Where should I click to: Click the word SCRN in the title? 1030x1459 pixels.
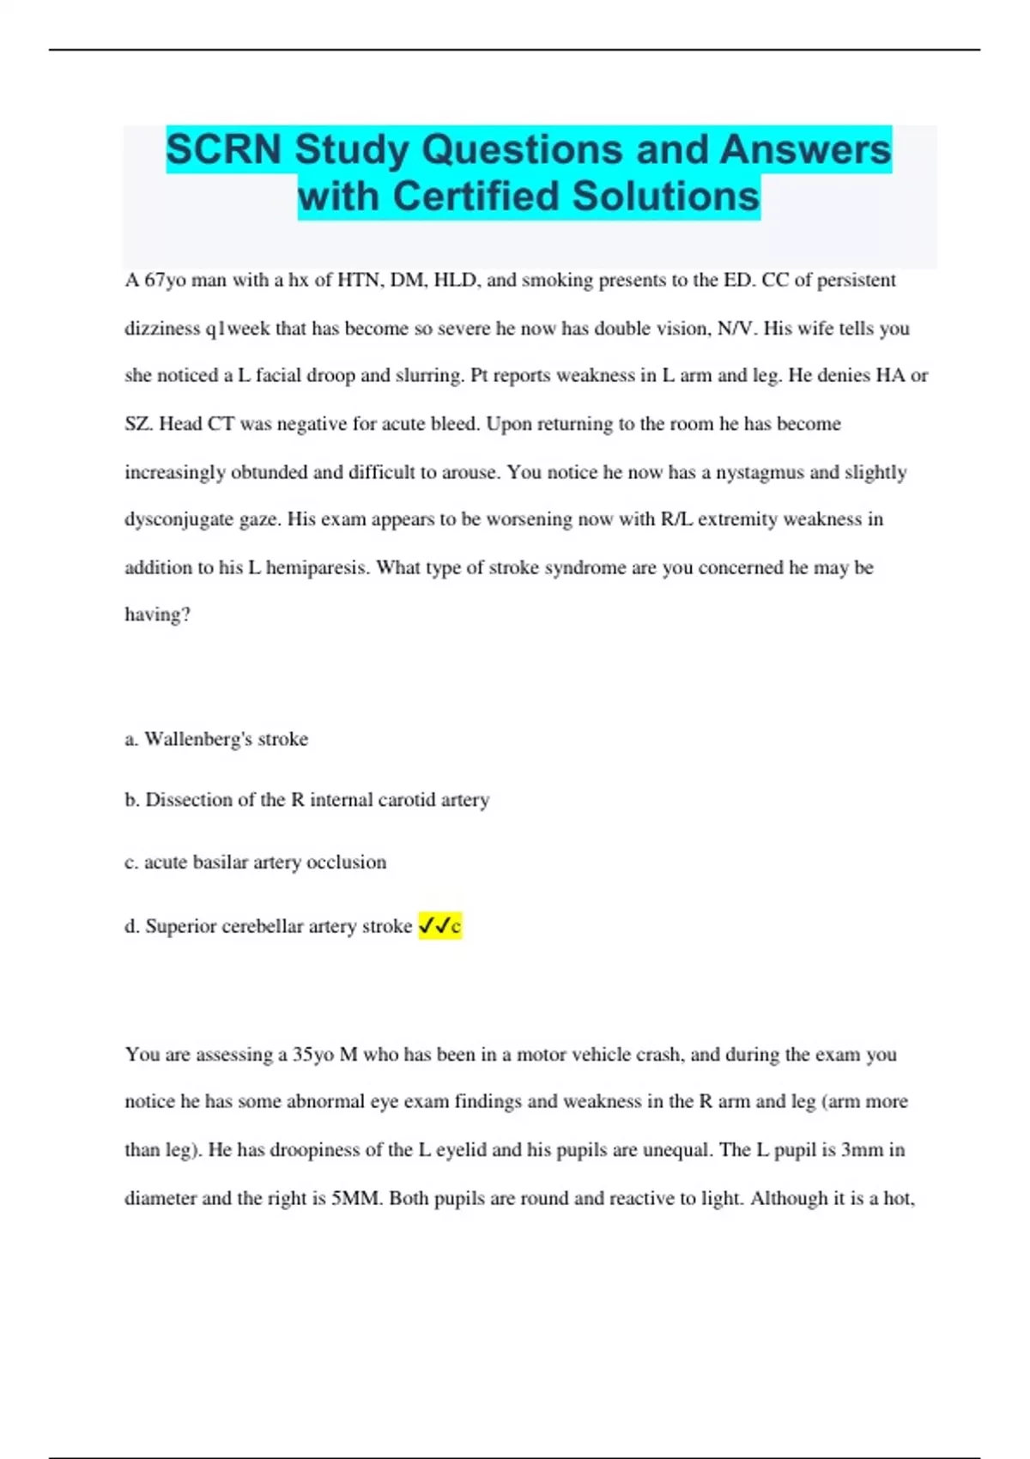tap(224, 149)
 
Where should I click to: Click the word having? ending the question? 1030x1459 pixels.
tap(157, 614)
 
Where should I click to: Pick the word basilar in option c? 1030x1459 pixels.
tap(220, 862)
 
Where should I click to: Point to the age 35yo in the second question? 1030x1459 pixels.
tap(313, 1054)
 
